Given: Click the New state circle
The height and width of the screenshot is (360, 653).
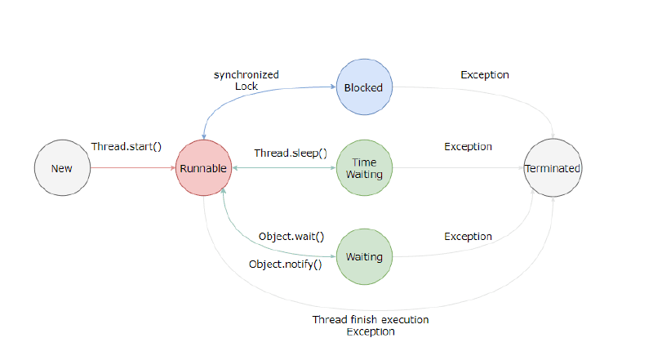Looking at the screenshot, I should pyautogui.click(x=62, y=169).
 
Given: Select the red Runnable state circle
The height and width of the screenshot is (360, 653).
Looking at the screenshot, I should pyautogui.click(x=203, y=169).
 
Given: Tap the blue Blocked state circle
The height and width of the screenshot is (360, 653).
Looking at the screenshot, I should pyautogui.click(x=364, y=87).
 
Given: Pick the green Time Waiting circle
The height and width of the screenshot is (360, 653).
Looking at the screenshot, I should pyautogui.click(x=364, y=169).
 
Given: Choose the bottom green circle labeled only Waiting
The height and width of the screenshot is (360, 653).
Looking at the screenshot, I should pyautogui.click(x=364, y=256).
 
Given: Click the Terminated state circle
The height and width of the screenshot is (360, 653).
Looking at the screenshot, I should pyautogui.click(x=552, y=169).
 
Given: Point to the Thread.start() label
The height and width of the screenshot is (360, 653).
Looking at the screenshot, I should pyautogui.click(x=127, y=148).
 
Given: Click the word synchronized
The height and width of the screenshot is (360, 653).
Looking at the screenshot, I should pyautogui.click(x=247, y=74).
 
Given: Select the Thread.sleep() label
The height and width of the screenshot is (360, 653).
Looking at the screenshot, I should pyautogui.click(x=290, y=153).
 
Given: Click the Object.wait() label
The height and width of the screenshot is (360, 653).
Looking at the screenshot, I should pyautogui.click(x=291, y=237).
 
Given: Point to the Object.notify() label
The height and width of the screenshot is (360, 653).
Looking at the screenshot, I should pyautogui.click(x=285, y=264).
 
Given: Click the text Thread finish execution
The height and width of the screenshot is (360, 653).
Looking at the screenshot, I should pyautogui.click(x=370, y=319).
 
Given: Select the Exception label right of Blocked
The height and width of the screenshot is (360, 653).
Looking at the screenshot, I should pyautogui.click(x=484, y=74).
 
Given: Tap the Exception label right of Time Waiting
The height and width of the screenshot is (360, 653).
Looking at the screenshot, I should pyautogui.click(x=468, y=147).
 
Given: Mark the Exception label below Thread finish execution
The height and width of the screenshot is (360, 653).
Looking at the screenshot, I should pyautogui.click(x=371, y=332).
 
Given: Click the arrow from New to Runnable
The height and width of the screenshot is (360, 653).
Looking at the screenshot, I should pyautogui.click(x=132, y=169).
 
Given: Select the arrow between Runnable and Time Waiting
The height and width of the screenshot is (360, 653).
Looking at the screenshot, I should pyautogui.click(x=283, y=169).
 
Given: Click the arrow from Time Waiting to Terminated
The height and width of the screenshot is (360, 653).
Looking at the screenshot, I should pyautogui.click(x=457, y=169).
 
